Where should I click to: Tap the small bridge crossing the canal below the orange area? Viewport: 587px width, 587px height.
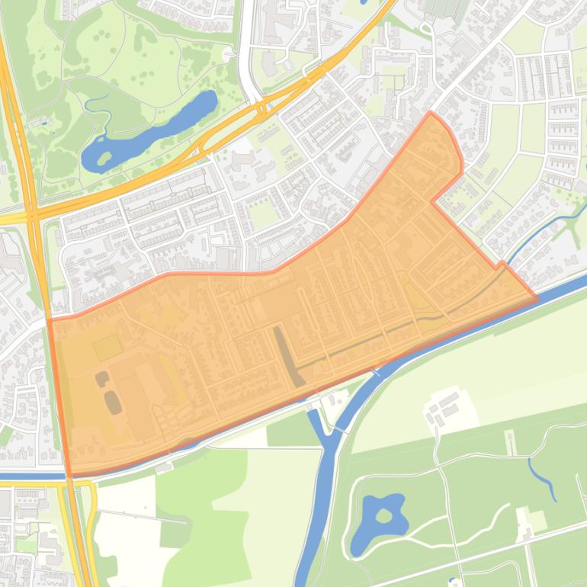375,372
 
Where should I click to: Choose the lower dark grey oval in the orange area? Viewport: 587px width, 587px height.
113,402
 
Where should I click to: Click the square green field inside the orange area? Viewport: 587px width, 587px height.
107,348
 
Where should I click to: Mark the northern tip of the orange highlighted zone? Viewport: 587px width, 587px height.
431,113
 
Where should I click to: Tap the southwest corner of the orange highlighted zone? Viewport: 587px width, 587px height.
69,475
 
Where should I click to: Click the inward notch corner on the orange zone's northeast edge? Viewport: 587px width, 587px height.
433,202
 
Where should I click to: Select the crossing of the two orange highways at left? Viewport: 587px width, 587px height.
33,217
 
